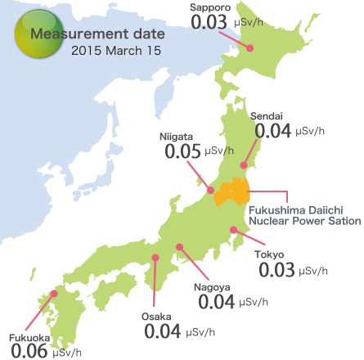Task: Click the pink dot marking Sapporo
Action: [x=251, y=48]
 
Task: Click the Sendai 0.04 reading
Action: [x=274, y=130]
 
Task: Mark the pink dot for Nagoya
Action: [x=178, y=245]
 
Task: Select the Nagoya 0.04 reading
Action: [x=216, y=301]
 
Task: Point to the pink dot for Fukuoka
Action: [x=55, y=294]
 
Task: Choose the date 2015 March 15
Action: [x=115, y=50]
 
